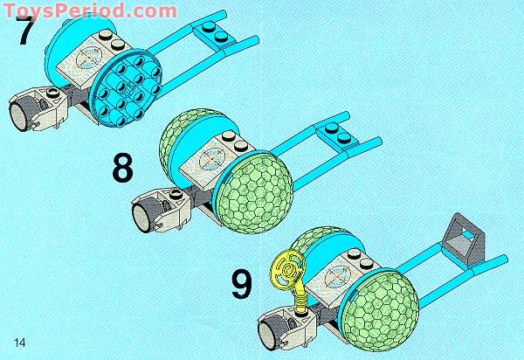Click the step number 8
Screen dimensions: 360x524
tap(123, 168)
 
